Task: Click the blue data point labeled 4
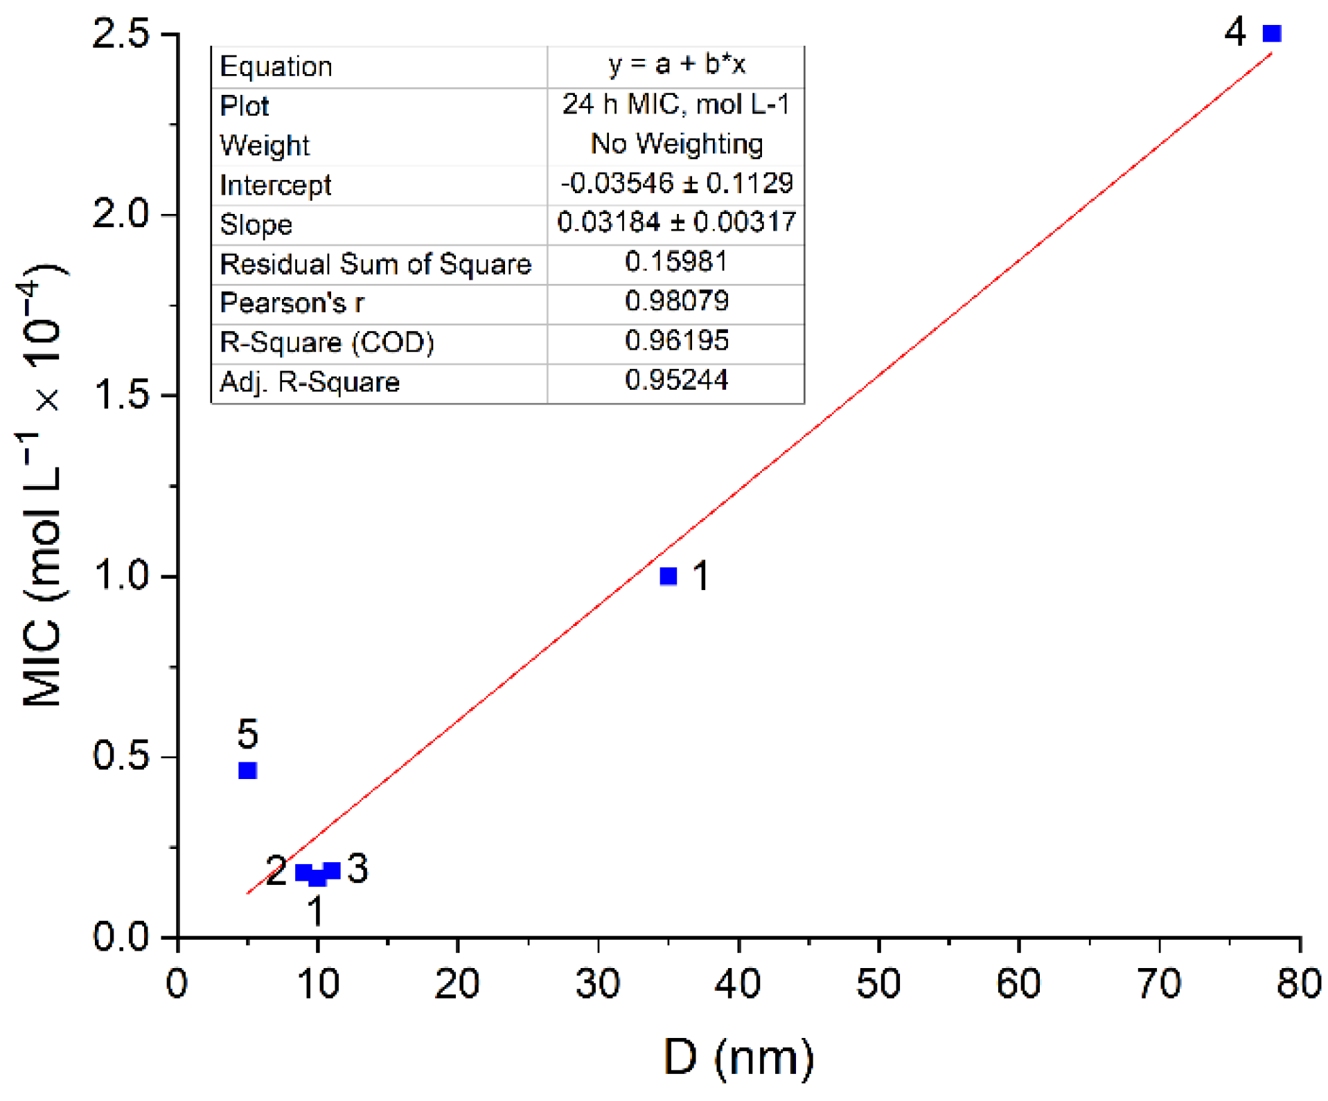(1271, 33)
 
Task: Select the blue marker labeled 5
(247, 770)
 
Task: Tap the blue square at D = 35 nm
(668, 575)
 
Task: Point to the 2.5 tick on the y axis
(121, 33)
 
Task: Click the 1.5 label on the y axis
(121, 395)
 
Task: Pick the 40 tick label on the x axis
(738, 983)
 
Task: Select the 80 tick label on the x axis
(1298, 983)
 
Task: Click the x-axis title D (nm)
(738, 1057)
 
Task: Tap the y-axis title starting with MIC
(42, 485)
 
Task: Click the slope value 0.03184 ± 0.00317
(676, 222)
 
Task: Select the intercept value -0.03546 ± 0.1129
(676, 183)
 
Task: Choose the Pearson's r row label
(291, 303)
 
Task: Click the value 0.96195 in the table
(676, 341)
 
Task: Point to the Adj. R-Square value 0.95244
(676, 380)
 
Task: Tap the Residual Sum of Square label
(375, 264)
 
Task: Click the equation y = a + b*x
(676, 64)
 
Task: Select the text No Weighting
(676, 144)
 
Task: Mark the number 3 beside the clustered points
(357, 868)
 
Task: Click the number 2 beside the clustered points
(276, 870)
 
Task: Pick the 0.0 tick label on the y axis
(121, 937)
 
